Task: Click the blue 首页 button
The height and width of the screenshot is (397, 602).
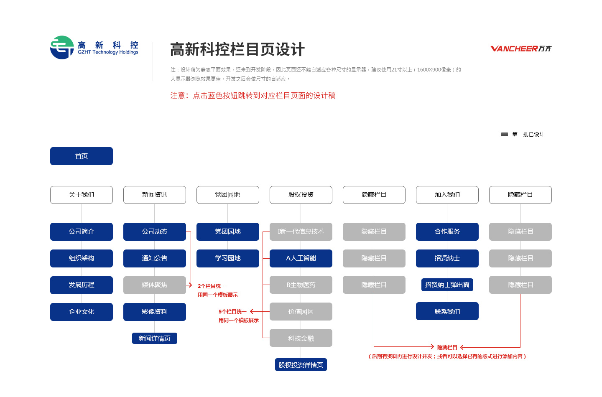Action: click(82, 156)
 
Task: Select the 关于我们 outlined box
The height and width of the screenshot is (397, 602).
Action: click(82, 195)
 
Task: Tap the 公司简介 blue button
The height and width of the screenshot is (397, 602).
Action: click(82, 232)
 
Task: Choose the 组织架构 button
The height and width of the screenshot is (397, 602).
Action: click(82, 258)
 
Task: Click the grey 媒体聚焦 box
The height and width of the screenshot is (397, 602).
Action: click(155, 285)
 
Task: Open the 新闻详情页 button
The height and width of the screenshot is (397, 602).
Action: click(155, 338)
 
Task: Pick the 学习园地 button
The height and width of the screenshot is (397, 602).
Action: click(227, 258)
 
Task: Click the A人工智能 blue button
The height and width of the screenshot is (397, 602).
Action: click(301, 258)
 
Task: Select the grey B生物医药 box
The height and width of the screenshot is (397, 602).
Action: click(301, 285)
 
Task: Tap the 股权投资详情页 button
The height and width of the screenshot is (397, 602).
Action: click(301, 365)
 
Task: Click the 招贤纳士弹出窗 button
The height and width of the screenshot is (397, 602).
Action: click(447, 285)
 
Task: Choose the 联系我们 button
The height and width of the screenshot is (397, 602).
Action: click(447, 311)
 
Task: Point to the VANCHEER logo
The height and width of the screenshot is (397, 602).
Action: click(521, 48)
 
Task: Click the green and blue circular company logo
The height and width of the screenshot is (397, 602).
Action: click(62, 48)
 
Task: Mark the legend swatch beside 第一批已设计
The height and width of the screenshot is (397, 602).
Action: click(505, 134)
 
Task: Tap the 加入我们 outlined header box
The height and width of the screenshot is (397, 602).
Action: click(447, 195)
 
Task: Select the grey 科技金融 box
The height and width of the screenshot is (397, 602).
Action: click(301, 338)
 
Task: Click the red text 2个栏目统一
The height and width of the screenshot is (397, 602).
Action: click(212, 286)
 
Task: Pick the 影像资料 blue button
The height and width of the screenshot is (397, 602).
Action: click(155, 312)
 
